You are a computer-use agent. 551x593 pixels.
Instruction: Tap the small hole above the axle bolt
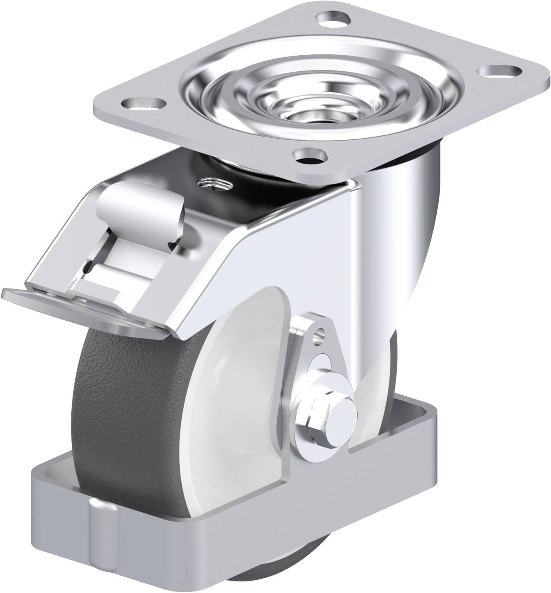(320, 333)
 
